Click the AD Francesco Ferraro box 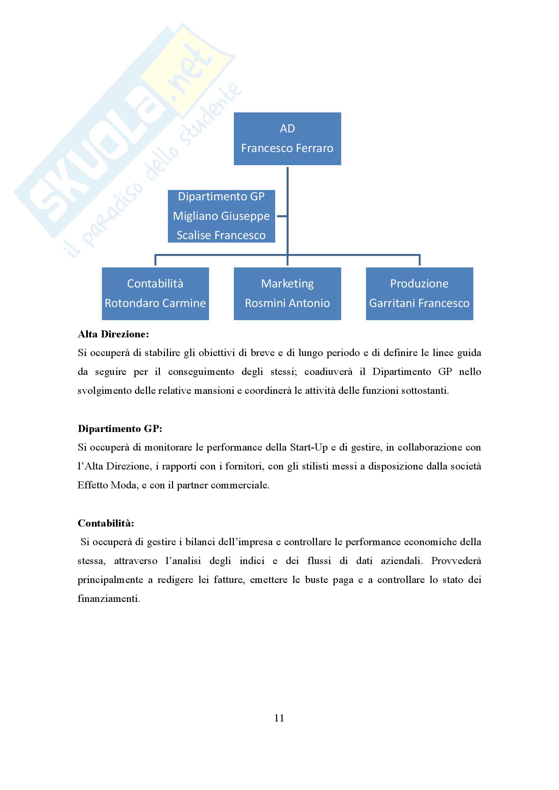(x=287, y=139)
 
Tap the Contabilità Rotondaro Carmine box (x=155, y=294)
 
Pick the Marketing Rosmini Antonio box (x=287, y=294)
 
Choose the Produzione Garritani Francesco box (x=419, y=294)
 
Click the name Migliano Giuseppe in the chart (x=221, y=216)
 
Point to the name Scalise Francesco (x=221, y=235)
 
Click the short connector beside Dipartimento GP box (x=282, y=216)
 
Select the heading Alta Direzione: (x=113, y=334)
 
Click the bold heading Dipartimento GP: (x=120, y=429)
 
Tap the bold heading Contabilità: (x=106, y=523)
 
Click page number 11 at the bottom (x=279, y=718)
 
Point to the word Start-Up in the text (x=309, y=447)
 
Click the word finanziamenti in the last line (x=108, y=599)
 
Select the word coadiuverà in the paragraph (x=328, y=372)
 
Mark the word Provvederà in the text (x=456, y=561)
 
